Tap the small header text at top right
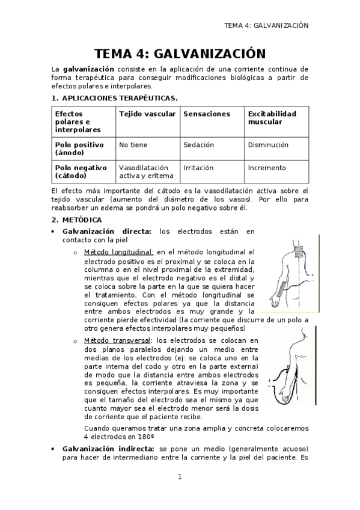tap(266, 26)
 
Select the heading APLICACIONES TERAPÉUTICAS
tap(116, 97)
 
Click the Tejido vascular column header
tap(147, 113)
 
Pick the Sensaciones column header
tap(207, 113)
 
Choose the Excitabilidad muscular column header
tap(272, 117)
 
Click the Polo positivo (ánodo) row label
tap(79, 149)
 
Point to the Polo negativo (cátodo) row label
tap(81, 171)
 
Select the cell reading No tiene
tap(133, 145)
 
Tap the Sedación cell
tap(198, 145)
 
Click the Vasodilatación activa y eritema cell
tap(146, 171)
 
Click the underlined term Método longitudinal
tap(119, 253)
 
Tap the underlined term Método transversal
tap(118, 340)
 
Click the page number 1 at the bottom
tap(179, 477)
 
